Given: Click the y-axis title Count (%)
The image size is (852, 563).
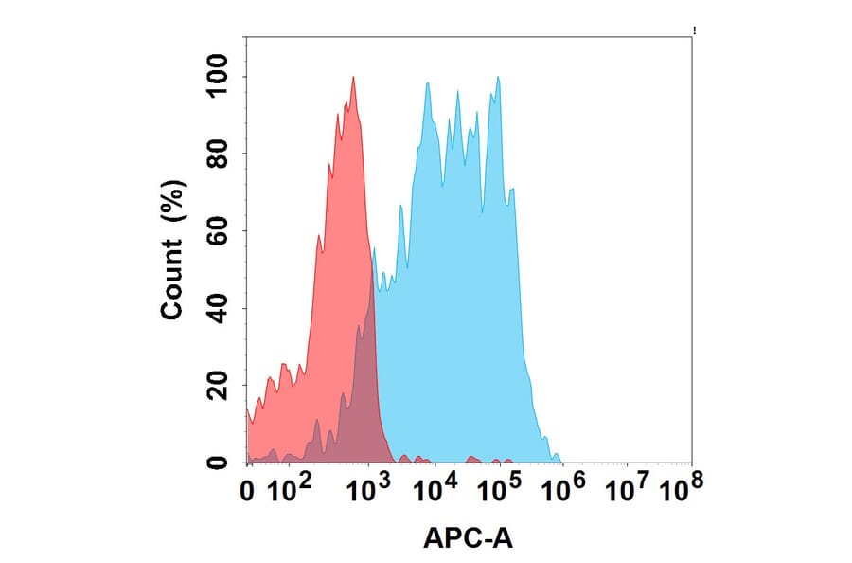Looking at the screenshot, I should point(173,250).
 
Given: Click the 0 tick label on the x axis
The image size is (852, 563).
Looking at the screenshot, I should point(247,491).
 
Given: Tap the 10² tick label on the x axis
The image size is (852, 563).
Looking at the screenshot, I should point(291,489).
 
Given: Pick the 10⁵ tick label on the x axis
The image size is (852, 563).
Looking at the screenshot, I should point(499,489).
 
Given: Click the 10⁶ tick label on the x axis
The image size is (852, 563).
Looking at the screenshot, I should point(565,489).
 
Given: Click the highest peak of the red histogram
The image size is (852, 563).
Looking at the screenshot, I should point(353,79).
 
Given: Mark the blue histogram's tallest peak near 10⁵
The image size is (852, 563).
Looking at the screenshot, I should point(498,79).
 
